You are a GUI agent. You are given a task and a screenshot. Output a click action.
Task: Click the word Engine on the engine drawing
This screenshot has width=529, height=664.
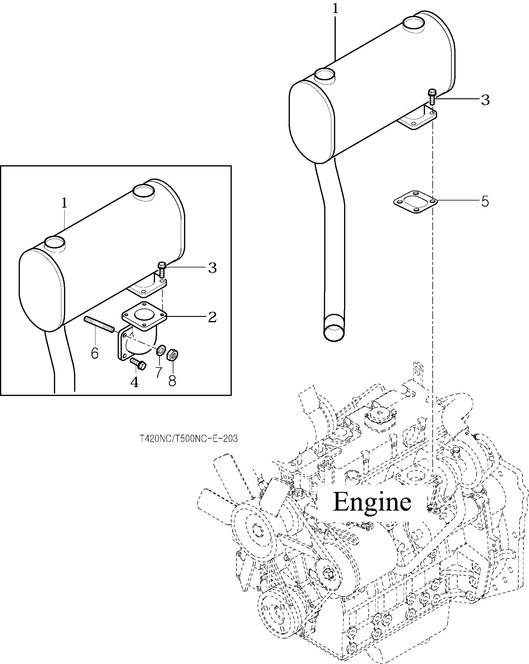tap(372, 502)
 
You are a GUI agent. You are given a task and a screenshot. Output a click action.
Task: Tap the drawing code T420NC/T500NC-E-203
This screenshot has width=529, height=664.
tap(188, 439)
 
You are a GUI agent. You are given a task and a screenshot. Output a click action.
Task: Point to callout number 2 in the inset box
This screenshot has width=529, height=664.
tap(212, 317)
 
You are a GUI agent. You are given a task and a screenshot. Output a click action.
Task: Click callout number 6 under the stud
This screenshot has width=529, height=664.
tap(95, 353)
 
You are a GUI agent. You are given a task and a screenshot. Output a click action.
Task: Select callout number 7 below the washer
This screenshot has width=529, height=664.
tap(158, 372)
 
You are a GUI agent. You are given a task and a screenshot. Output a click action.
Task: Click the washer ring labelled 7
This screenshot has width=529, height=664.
tap(160, 350)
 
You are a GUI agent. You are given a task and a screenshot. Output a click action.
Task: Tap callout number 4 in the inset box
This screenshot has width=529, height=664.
tap(134, 382)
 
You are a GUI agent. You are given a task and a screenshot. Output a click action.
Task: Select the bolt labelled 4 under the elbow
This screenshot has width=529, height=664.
tap(138, 364)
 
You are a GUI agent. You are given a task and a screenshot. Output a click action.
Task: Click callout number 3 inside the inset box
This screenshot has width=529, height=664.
tap(212, 268)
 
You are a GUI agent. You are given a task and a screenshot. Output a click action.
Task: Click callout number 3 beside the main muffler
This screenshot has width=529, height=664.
tap(485, 100)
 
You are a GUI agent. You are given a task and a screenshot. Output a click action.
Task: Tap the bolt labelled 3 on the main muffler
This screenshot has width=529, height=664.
tap(432, 97)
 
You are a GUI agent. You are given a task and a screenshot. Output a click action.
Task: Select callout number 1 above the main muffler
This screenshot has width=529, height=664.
tap(335, 9)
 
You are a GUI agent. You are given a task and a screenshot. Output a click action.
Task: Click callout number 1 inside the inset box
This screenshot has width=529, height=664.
tap(64, 203)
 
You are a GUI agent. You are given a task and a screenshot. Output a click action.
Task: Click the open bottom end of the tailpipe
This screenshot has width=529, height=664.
tap(334, 332)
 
